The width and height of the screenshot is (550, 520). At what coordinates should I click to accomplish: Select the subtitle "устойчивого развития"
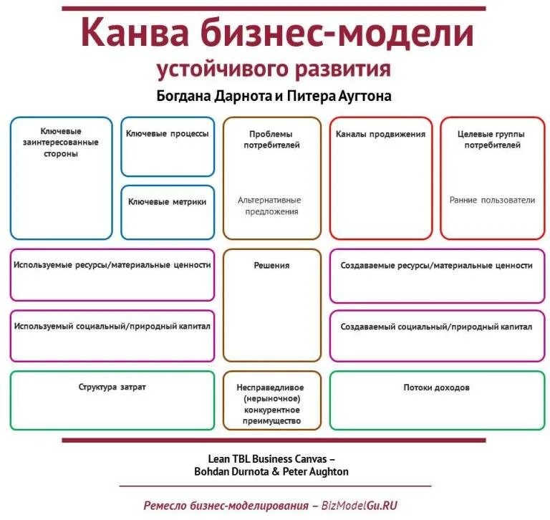[x=274, y=69]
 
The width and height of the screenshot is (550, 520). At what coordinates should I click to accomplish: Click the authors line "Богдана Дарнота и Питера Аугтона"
[x=274, y=96]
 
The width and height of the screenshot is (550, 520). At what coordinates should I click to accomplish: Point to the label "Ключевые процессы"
[x=168, y=134]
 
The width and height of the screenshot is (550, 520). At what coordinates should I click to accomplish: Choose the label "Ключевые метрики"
[x=168, y=202]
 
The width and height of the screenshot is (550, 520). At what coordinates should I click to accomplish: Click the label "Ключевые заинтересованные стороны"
[x=61, y=143]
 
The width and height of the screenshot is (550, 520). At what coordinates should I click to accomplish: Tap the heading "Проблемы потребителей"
[x=271, y=139]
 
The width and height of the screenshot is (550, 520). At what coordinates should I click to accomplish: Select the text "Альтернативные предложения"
[x=270, y=206]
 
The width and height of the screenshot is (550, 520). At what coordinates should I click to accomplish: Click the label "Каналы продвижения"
[x=380, y=134]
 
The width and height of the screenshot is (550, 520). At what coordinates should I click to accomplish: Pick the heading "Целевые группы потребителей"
[x=492, y=139]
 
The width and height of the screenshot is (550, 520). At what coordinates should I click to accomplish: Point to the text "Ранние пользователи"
[x=492, y=201]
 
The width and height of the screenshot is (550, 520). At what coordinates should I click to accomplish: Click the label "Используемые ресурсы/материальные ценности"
[x=112, y=265]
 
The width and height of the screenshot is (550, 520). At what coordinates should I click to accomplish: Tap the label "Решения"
[x=271, y=266]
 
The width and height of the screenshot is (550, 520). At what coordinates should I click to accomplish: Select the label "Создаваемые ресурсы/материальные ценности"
[x=436, y=266]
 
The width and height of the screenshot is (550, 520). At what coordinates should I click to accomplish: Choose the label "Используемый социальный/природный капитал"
[x=112, y=326]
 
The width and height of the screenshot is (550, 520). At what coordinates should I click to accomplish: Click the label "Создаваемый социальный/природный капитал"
[x=436, y=327]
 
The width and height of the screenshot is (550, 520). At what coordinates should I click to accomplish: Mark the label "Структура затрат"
[x=112, y=387]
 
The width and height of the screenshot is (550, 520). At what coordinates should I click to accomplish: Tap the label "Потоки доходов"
[x=436, y=387]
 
